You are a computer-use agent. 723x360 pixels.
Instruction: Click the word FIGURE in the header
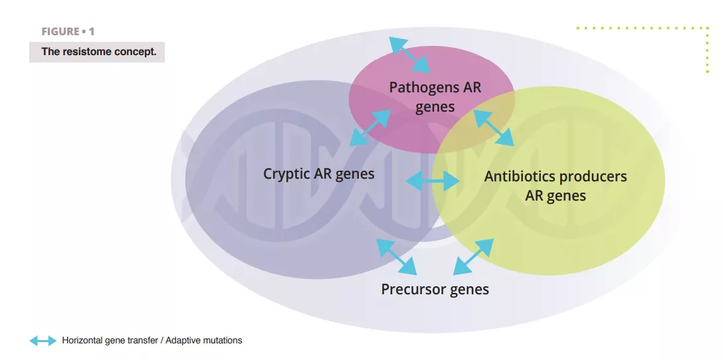pos(59,32)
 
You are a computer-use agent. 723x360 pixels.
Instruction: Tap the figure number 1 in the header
pos(92,32)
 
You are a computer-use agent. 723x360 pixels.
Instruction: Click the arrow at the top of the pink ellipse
pos(409,55)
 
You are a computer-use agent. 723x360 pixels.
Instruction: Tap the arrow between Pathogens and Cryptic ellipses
pos(370,128)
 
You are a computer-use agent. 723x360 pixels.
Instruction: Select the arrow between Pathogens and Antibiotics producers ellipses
pos(493,128)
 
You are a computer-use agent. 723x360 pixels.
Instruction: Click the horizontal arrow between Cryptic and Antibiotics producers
pos(433,181)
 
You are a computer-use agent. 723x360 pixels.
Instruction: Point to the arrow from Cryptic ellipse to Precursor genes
pos(397,256)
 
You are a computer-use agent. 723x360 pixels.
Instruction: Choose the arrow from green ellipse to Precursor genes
pos(473,257)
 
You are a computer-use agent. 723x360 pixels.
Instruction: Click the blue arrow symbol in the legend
pos(43,341)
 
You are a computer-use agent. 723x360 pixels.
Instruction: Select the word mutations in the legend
pos(223,341)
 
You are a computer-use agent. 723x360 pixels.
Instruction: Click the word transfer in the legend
pos(144,341)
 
